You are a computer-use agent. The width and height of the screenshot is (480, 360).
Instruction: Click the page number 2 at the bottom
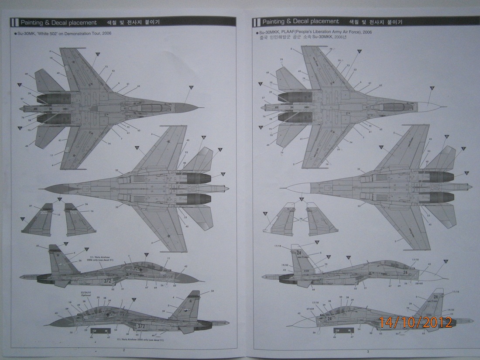pyautogui.click(x=124, y=350)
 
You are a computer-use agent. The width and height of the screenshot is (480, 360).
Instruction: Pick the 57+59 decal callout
pyautogui.click(x=310, y=309)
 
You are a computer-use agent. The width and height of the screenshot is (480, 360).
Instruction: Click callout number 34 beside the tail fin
pyautogui.click(x=213, y=291)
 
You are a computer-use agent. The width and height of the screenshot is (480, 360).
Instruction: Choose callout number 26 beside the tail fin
pyautogui.click(x=80, y=261)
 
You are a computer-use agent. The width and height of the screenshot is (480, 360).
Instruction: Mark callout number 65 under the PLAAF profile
pyautogui.click(x=423, y=333)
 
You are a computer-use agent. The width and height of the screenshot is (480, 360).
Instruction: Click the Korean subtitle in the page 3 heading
pyautogui.click(x=374, y=21)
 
